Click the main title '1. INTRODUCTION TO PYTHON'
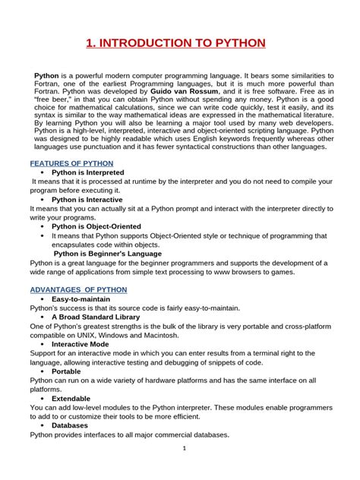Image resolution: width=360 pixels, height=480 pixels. point(179,41)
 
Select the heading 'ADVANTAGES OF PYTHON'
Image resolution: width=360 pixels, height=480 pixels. point(78,290)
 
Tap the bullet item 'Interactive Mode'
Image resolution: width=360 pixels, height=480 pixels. point(80,344)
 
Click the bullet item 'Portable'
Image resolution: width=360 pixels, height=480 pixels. point(66,371)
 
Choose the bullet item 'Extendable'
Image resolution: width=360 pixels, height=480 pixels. point(71,398)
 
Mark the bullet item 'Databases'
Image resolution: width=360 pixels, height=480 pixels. point(69,425)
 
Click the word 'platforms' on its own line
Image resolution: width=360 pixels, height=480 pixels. point(46,389)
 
